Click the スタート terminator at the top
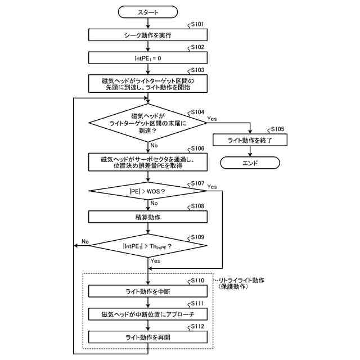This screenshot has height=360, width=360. (x=148, y=12)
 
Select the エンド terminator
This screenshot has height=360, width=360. (x=250, y=163)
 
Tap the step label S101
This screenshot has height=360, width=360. (x=197, y=24)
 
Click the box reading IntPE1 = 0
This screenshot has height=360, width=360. (x=148, y=58)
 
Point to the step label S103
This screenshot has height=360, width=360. (x=197, y=70)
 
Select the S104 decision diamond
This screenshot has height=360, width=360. (x=148, y=123)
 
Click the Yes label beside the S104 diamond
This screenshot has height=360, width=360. (x=212, y=119)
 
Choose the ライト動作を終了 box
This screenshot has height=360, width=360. (x=250, y=140)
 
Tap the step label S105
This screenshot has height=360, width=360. (x=277, y=129)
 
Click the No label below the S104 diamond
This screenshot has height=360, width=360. (x=154, y=145)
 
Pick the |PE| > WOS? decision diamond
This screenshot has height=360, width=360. (x=148, y=191)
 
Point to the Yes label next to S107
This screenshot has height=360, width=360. (x=212, y=187)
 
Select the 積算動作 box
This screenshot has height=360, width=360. (x=148, y=217)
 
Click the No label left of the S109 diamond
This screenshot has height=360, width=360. (x=85, y=241)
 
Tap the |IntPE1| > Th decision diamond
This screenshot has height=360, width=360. (x=148, y=246)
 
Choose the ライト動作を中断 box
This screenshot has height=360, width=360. (x=148, y=291)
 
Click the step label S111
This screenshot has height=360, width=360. (x=197, y=304)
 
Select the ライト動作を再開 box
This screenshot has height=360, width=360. (x=148, y=337)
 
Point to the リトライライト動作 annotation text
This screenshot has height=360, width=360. (x=241, y=280)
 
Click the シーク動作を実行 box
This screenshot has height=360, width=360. (x=148, y=35)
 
